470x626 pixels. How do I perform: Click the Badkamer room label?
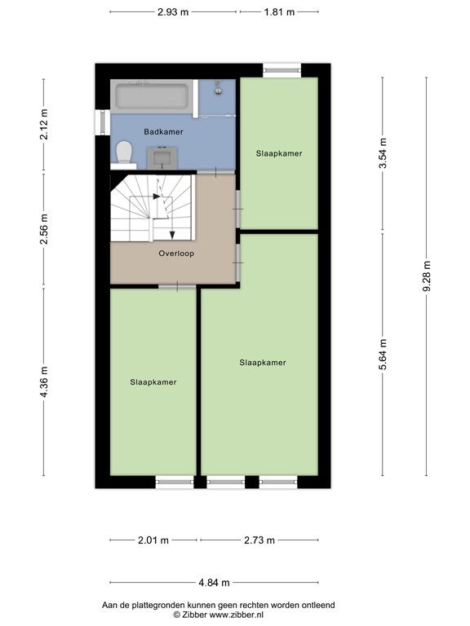[x=163, y=132]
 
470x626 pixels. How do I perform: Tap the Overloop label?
[x=176, y=253]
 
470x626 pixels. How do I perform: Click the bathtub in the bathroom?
[x=152, y=96]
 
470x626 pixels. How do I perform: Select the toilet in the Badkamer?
[x=124, y=152]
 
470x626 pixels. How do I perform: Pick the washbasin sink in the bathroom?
[x=162, y=157]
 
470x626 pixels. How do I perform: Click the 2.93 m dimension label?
[x=173, y=12]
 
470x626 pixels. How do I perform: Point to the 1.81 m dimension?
[x=279, y=12]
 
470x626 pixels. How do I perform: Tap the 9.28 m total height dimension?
[x=427, y=276]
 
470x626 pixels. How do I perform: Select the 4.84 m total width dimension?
[x=215, y=583]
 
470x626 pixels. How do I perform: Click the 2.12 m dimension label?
[x=44, y=124]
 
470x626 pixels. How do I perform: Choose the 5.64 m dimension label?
[x=383, y=354]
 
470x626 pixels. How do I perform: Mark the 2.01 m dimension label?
[x=153, y=540]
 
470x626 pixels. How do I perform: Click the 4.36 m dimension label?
[x=44, y=381]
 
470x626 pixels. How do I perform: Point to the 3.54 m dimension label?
[x=383, y=153]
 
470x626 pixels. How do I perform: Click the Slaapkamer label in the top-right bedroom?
[x=279, y=154]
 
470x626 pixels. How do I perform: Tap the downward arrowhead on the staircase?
[x=172, y=235]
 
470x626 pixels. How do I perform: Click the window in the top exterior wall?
[x=282, y=71]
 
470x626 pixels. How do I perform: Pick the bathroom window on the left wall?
[x=102, y=122]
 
